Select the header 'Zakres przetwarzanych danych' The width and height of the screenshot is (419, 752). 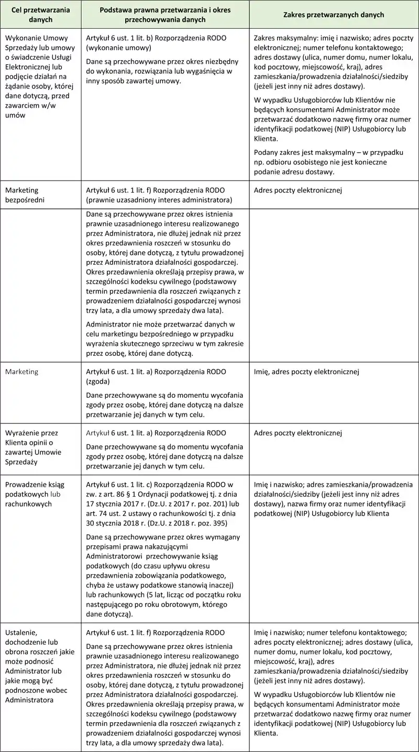[334, 15]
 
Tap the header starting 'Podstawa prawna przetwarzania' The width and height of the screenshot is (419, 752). [165, 15]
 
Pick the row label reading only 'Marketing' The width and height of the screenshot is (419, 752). [22, 372]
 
